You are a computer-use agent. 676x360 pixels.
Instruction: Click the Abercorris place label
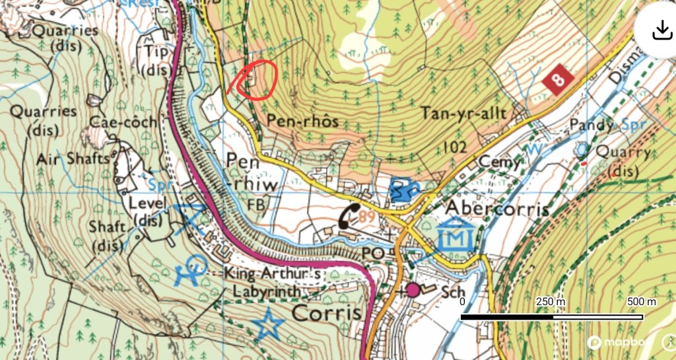(x=498, y=208)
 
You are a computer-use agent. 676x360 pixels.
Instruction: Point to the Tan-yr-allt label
(x=465, y=114)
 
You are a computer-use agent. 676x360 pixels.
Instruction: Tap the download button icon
(x=661, y=29)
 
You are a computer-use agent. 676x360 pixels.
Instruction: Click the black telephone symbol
(x=350, y=216)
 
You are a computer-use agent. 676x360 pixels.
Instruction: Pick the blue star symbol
(x=269, y=324)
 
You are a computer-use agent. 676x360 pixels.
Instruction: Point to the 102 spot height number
(x=456, y=147)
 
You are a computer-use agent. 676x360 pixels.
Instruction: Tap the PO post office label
(x=373, y=254)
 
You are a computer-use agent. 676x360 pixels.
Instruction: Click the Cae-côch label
(x=124, y=122)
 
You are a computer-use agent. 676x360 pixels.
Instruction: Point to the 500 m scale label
(x=641, y=302)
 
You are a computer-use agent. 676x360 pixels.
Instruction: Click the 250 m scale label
(x=551, y=302)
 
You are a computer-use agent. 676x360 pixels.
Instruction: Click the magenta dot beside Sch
(x=413, y=289)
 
